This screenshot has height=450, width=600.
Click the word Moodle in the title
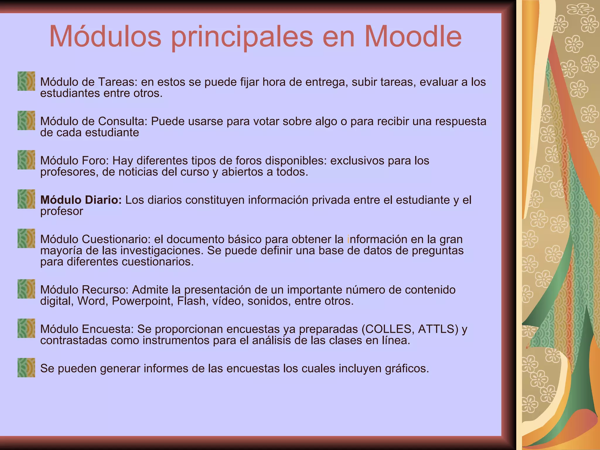point(413,37)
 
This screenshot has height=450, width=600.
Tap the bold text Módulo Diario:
point(81,200)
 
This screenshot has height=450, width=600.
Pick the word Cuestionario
point(116,239)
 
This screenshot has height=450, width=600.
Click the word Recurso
point(105,290)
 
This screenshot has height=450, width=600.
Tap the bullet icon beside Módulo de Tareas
point(26,81)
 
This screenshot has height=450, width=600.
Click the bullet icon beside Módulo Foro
point(26,160)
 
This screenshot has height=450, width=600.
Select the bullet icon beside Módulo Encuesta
point(26,328)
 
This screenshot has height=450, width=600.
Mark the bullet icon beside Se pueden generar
point(26,368)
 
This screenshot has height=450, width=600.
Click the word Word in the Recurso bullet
point(92,301)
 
